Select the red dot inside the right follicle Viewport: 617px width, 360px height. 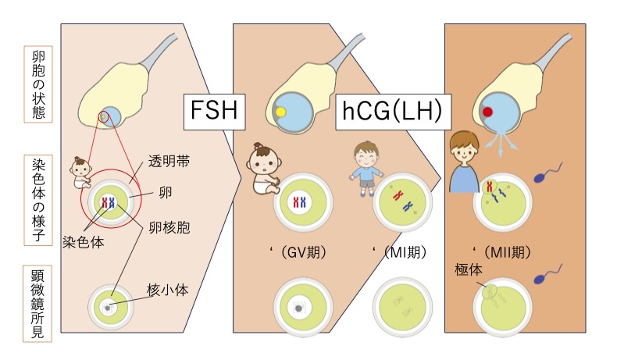[x=487, y=112]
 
